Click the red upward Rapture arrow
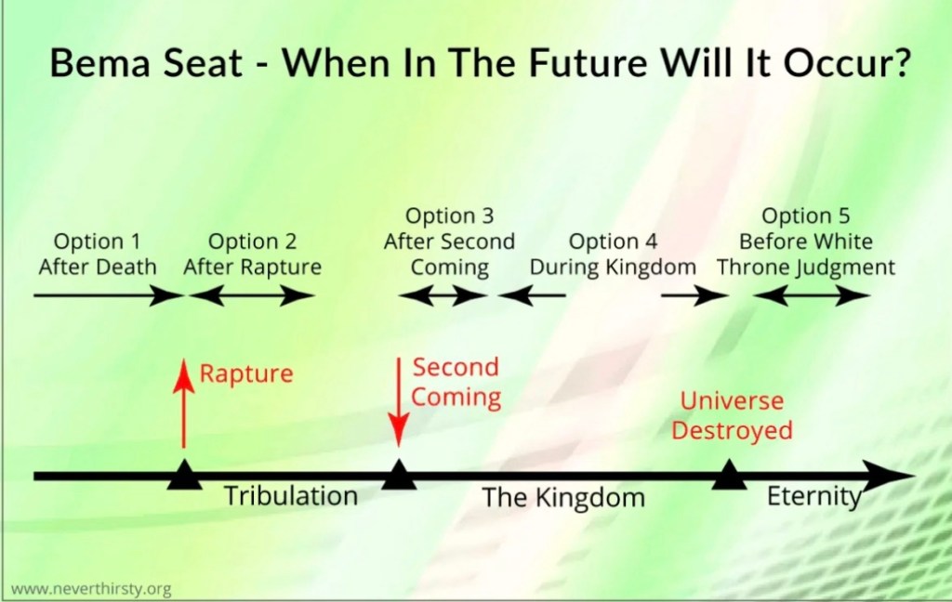tap(183, 403)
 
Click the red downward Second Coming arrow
tap(399, 401)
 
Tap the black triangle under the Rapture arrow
tap(184, 474)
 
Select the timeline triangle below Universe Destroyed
tap(729, 474)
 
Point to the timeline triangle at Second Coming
tap(399, 474)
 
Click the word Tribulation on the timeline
tap(291, 496)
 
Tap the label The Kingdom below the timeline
tap(563, 498)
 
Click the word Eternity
tap(814, 497)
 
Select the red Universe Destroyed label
tap(733, 415)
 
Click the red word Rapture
tap(245, 373)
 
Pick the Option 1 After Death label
tap(97, 255)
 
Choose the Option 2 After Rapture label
tap(253, 255)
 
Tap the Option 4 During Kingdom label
tap(613, 255)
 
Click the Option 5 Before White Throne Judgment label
tap(806, 242)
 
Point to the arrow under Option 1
tap(108, 295)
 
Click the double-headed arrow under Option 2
tap(251, 295)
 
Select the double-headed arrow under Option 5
tap(811, 295)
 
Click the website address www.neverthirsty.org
tap(91, 589)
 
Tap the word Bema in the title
tap(99, 62)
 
